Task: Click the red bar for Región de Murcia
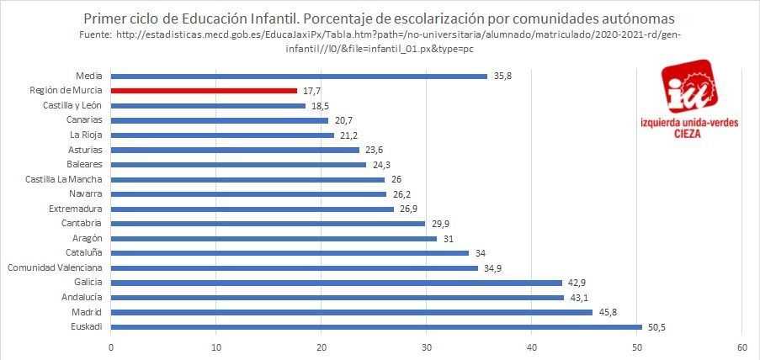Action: coord(204,91)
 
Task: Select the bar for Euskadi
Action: coord(376,326)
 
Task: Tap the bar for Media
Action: coord(299,77)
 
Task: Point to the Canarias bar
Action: coord(220,120)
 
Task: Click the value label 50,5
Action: coord(656,326)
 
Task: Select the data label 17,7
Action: coord(313,91)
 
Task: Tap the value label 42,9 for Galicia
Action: coord(578,282)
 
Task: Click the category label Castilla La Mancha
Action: coord(64,179)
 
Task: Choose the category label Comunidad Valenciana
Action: coord(55,267)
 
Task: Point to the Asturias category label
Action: coord(84,150)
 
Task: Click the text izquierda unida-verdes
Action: coord(689,124)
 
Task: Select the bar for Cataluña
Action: coord(290,252)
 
